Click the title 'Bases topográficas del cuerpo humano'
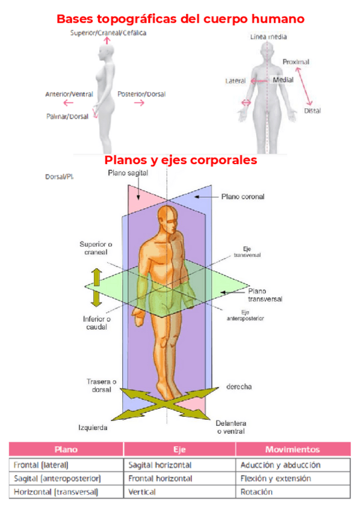coord(180,19)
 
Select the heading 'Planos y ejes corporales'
coord(180,161)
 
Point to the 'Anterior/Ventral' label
coord(69,94)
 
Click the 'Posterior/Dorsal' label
coord(141,94)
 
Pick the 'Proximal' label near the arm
coord(295,62)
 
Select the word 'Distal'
coord(312,111)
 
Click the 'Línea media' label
coord(268,37)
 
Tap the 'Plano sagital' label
coord(128,173)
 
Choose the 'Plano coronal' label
coord(242,196)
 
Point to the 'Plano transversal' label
coord(265,294)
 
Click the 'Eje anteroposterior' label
coord(253,315)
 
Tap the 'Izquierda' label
coord(93,428)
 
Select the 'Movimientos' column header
coord(292,449)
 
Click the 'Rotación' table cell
coord(256,492)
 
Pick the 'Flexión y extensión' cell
coord(276,478)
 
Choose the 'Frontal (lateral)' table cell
coord(41,465)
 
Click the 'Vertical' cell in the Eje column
coord(142,492)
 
